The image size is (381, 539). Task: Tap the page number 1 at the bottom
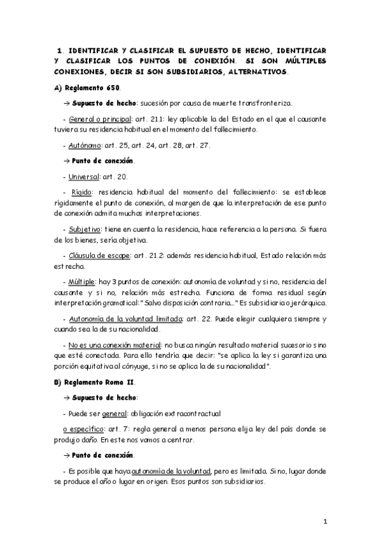pos(324,522)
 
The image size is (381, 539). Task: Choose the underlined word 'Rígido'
pos(81,190)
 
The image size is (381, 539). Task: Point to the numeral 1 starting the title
pos(59,49)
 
